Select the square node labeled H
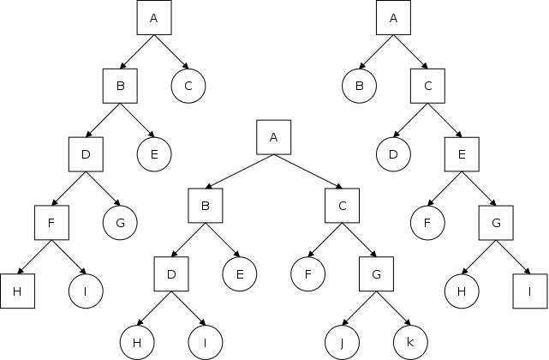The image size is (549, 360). (x=17, y=291)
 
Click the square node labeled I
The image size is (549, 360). (x=531, y=291)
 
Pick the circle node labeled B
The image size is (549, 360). (x=360, y=86)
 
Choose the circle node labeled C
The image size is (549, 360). (x=188, y=86)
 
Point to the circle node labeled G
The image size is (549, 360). (x=120, y=223)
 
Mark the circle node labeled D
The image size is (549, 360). (x=394, y=154)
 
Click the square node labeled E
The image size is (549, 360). (x=462, y=154)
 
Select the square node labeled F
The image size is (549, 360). (x=51, y=223)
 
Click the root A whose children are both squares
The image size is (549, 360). (x=274, y=137)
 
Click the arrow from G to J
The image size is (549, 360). (x=360, y=309)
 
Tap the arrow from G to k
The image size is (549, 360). (x=394, y=309)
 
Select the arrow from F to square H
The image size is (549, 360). (x=34, y=257)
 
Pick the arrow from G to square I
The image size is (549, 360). (x=514, y=257)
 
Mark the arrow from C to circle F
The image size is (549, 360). (x=325, y=241)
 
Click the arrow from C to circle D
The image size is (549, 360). (x=411, y=120)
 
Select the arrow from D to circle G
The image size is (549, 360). (x=103, y=189)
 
